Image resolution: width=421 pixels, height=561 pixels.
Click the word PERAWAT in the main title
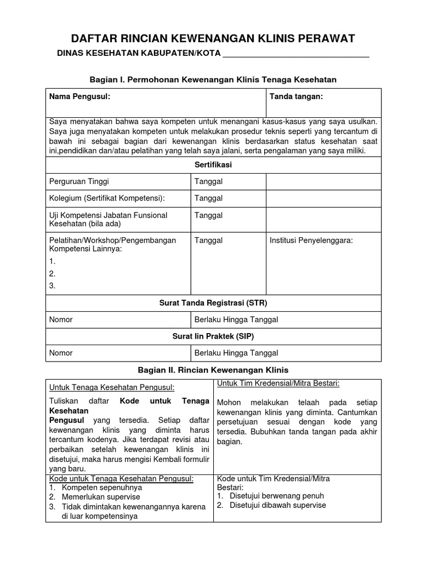coord(324,38)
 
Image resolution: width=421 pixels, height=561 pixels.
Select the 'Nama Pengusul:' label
coord(79,96)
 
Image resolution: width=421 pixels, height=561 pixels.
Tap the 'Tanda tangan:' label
coord(296,96)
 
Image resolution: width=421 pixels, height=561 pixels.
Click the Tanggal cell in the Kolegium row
coord(208,198)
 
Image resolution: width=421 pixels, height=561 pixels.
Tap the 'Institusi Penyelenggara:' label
coord(311,240)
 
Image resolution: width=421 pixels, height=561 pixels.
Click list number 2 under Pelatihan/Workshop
coord(52,273)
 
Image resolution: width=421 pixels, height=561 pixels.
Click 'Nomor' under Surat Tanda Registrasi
coord(61,319)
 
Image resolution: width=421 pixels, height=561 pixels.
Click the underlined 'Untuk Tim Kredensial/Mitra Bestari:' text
coord(278,382)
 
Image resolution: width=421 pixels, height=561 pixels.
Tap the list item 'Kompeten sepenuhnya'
coord(102,487)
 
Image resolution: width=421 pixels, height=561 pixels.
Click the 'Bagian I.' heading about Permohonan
coord(212,79)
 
